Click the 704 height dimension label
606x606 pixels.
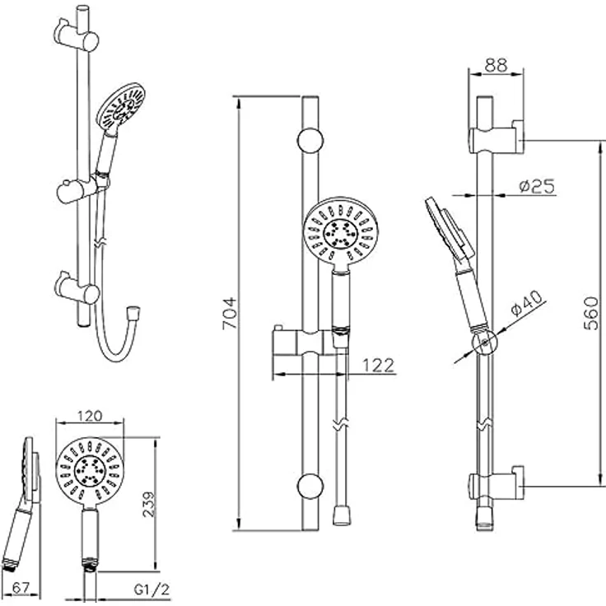coord(230,313)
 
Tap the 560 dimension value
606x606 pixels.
coord(591,314)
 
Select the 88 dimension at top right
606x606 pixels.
coord(496,65)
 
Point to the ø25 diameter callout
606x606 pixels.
coord(537,186)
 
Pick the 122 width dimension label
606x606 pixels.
coord(379,366)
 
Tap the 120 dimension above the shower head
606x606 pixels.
coord(90,416)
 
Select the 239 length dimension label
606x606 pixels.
coord(149,504)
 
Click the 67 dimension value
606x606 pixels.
coord(21,588)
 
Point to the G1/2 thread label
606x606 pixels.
coord(151,590)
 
